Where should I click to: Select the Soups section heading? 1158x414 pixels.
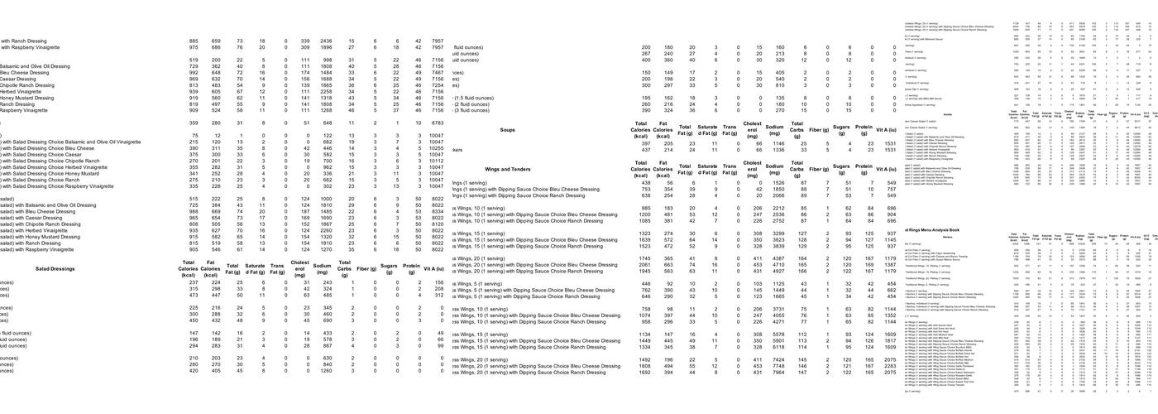tap(508, 130)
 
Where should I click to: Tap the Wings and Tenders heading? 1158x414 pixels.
tap(508, 169)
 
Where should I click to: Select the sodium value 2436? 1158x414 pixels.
tap(326, 41)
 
